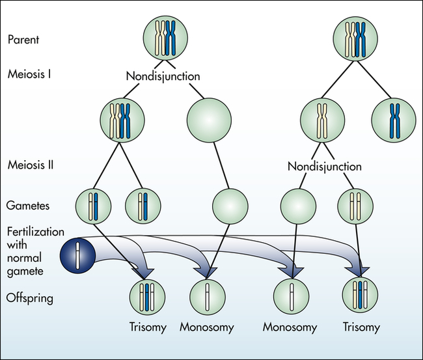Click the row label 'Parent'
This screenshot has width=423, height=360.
click(22, 39)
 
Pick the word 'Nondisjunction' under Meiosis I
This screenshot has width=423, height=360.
click(163, 76)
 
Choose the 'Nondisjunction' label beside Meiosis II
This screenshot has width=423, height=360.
click(324, 167)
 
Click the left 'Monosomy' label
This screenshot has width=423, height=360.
click(207, 327)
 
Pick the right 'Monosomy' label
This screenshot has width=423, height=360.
click(290, 327)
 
